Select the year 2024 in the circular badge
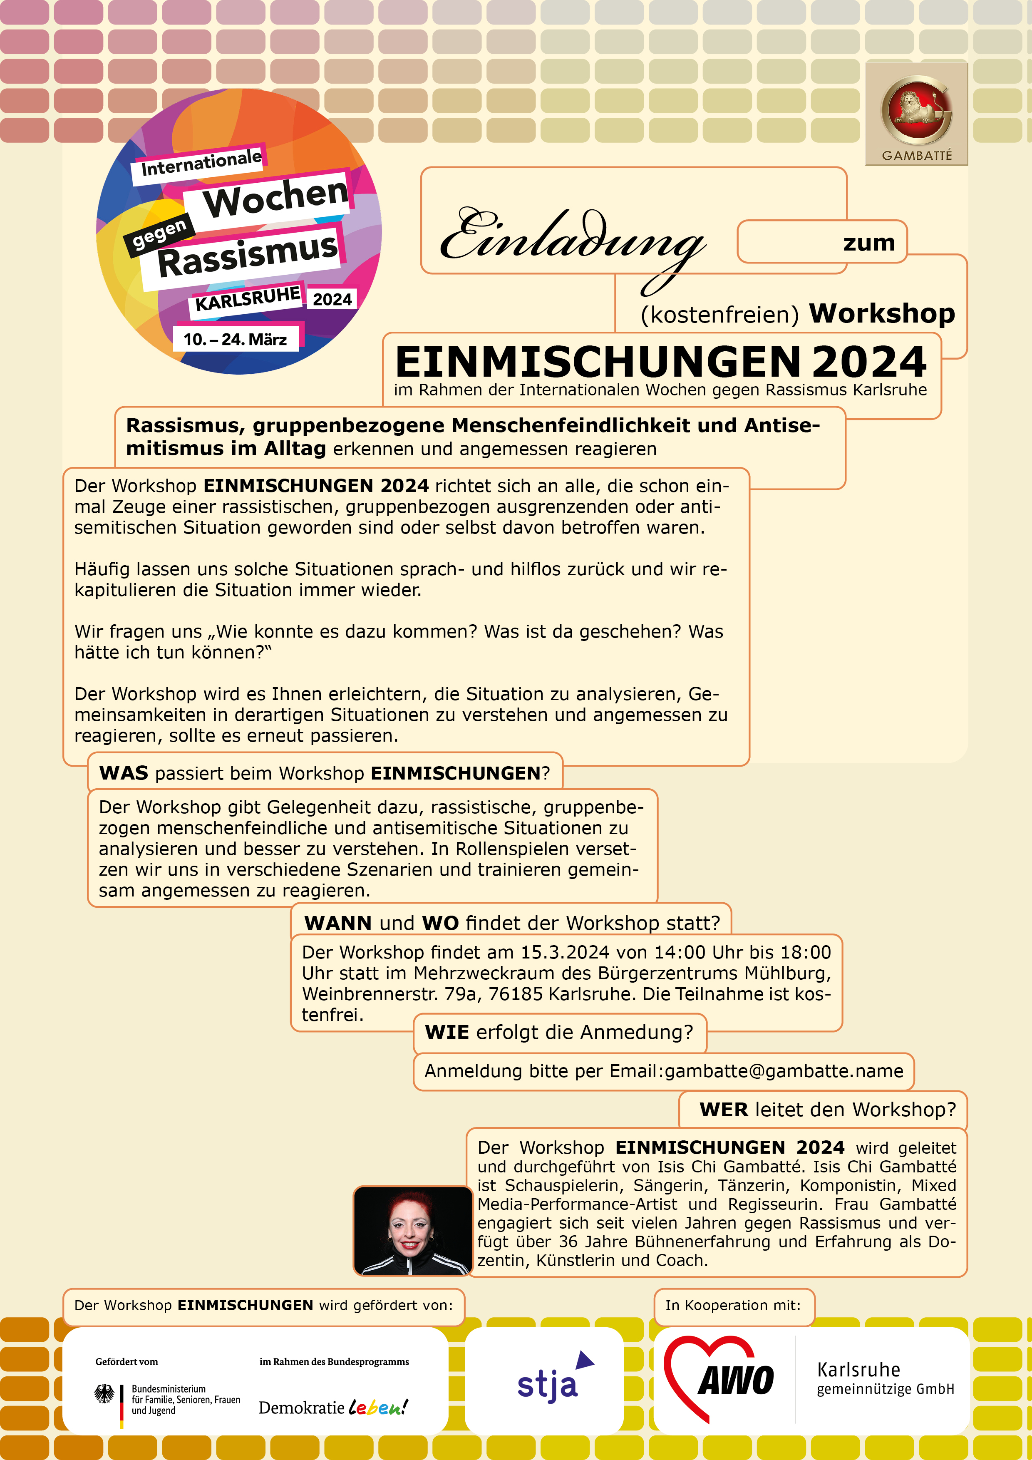[x=332, y=299]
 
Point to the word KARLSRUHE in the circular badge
[x=247, y=298]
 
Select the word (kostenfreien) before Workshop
[x=719, y=315]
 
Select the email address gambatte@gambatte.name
[x=784, y=1071]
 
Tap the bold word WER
[x=724, y=1110]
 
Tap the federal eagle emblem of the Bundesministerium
[x=104, y=1395]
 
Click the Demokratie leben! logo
[x=333, y=1407]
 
